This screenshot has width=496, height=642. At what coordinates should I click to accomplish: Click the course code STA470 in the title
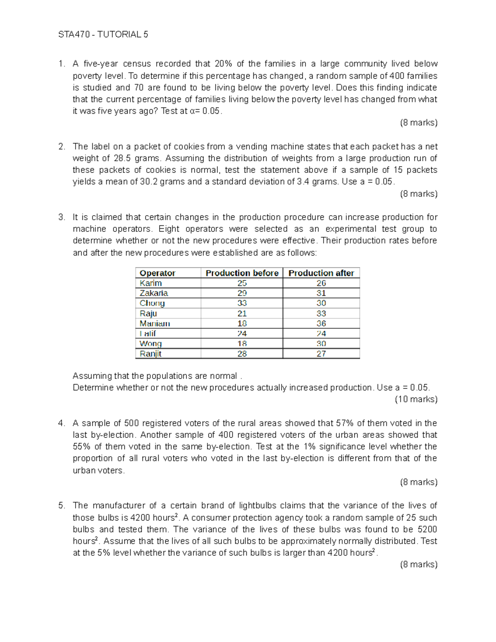(74, 35)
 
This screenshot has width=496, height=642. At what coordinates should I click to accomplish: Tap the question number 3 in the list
(62, 217)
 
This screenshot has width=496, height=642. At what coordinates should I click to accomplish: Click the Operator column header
(157, 273)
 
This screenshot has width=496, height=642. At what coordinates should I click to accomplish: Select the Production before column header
(242, 273)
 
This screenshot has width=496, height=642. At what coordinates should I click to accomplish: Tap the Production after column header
(321, 273)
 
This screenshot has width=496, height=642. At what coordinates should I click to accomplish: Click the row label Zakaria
(154, 293)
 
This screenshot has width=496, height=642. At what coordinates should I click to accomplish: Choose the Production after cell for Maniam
(321, 324)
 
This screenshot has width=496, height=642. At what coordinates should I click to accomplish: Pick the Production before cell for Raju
(242, 314)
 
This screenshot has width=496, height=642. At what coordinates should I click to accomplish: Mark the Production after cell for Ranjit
(321, 354)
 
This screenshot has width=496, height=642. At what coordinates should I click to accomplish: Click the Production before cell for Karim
(242, 283)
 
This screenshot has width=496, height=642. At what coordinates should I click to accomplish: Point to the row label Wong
(150, 344)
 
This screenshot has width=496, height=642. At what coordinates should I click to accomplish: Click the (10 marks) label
(416, 399)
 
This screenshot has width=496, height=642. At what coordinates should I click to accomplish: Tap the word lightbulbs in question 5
(258, 506)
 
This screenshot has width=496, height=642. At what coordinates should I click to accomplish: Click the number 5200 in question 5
(427, 530)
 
